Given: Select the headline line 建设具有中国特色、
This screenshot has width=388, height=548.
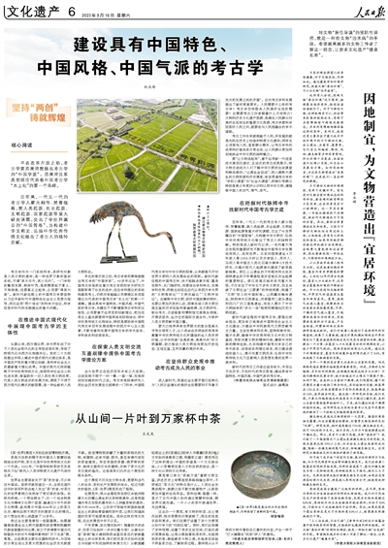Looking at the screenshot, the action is pos(150,46).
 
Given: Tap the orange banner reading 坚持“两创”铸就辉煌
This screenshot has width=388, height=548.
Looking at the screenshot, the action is pos(31,109).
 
